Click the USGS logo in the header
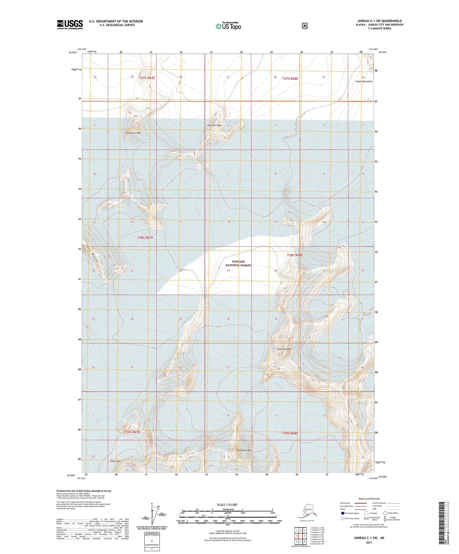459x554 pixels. (70, 24)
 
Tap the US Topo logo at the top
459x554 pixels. (228, 26)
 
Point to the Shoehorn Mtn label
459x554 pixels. (133, 133)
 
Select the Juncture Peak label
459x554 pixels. (214, 125)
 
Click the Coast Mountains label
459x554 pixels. (364, 82)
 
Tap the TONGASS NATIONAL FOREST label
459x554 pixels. (238, 263)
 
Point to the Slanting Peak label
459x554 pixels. (284, 349)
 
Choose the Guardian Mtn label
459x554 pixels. (244, 450)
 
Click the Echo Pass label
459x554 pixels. (115, 461)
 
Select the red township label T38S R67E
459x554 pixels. (145, 238)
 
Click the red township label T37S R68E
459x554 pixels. (290, 78)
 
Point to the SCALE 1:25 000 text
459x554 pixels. (227, 505)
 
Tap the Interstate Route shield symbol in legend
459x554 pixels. (342, 513)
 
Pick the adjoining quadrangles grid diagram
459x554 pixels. (300, 536)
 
